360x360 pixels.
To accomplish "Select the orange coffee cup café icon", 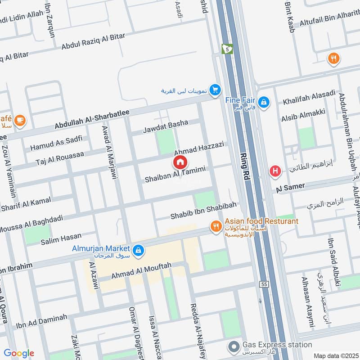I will point(19,120).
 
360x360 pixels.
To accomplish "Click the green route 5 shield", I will point(227,48).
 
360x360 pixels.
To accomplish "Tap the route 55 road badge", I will point(264,285).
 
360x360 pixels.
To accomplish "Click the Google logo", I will point(19,353).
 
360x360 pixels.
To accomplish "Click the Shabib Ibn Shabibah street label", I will point(203,212).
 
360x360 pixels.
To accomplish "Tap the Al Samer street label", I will point(291,187).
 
